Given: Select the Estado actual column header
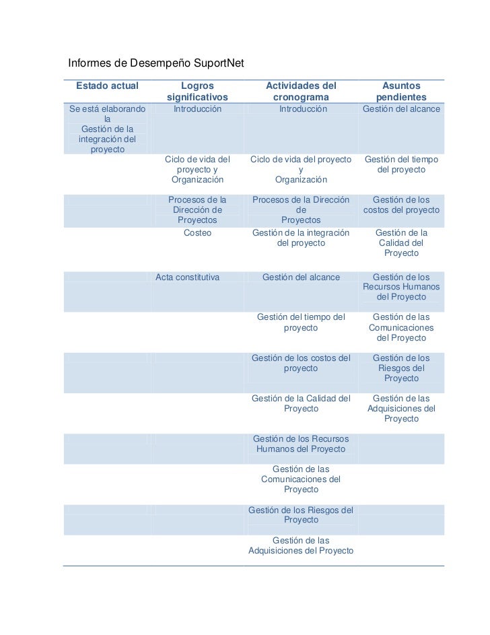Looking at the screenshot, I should [x=108, y=86].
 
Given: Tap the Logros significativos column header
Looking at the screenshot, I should [x=197, y=92].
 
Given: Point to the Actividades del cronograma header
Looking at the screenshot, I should [x=300, y=92].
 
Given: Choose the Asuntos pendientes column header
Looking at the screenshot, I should [x=401, y=92].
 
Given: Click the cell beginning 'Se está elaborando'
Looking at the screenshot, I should [x=107, y=129].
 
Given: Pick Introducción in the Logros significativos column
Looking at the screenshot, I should [x=197, y=108].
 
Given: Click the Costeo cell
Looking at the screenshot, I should [x=197, y=232].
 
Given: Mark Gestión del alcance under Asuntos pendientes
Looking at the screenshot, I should [x=401, y=108].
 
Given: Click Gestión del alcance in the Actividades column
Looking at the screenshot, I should [x=301, y=277].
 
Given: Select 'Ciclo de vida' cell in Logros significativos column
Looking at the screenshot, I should [x=197, y=170].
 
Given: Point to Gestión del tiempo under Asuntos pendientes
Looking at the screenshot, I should [x=401, y=164].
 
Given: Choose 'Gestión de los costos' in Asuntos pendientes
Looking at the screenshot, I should [x=401, y=205].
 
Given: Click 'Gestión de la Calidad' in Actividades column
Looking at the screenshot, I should [x=301, y=403].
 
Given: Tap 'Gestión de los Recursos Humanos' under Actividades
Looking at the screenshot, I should [x=301, y=444].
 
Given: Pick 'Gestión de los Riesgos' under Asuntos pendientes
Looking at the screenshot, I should [x=401, y=368].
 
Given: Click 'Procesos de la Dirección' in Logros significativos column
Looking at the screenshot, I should [x=197, y=210].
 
